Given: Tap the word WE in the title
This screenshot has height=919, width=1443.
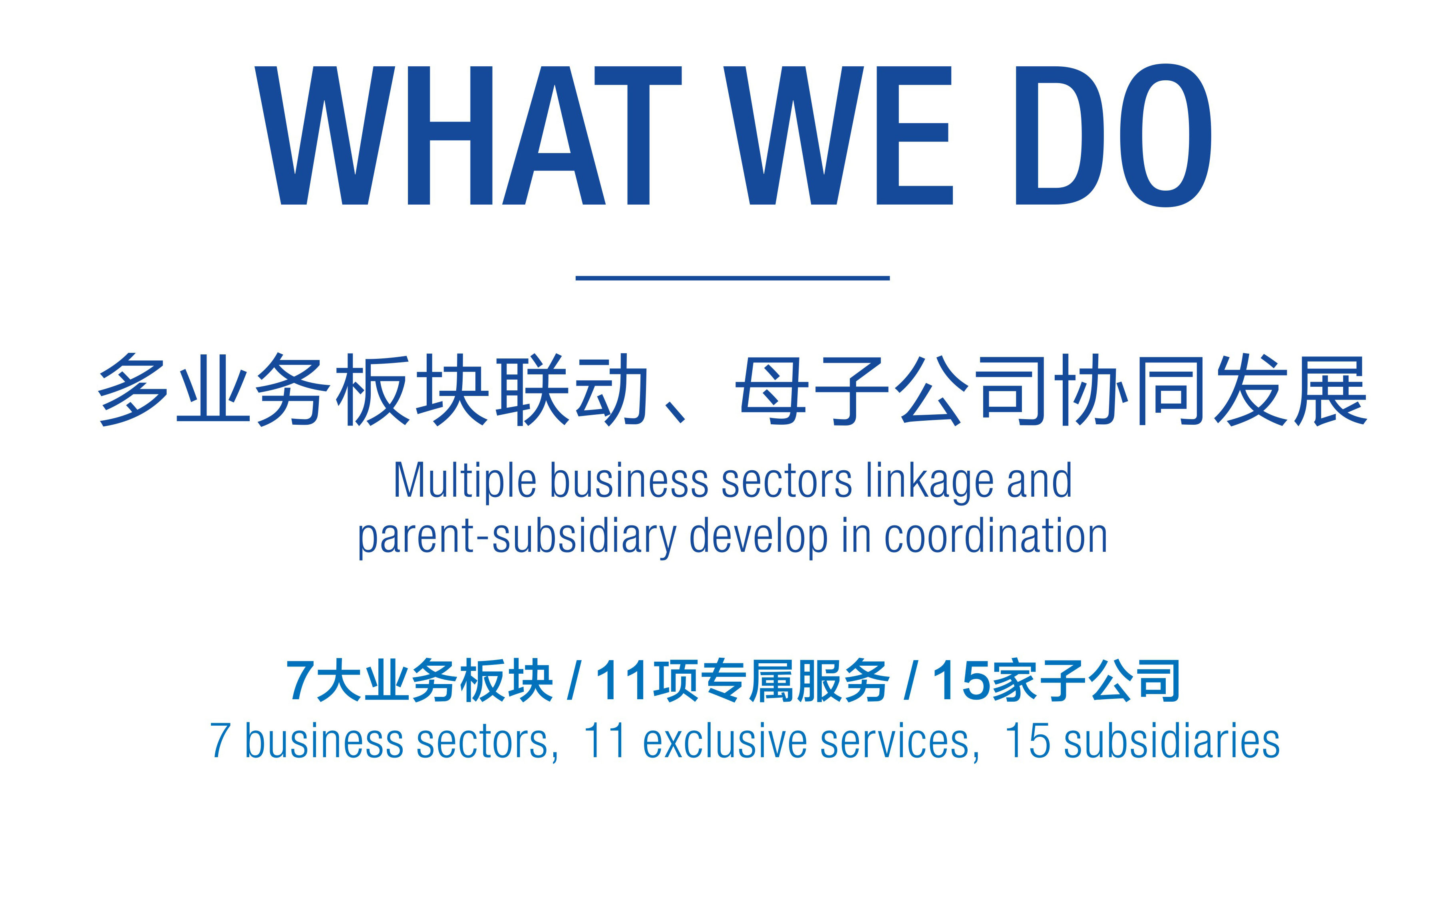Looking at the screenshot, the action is (838, 135).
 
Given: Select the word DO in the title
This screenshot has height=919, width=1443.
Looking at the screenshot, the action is (1113, 135).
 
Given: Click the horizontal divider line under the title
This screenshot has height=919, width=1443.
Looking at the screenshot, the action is (732, 278).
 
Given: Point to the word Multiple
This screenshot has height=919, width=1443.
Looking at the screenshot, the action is (464, 482).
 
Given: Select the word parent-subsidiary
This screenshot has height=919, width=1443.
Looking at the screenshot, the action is (517, 537).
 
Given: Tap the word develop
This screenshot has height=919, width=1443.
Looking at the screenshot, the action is (758, 537).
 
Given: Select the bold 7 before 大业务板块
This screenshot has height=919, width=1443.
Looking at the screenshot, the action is (300, 680).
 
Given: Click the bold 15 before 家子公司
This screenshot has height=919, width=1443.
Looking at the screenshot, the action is (961, 680).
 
